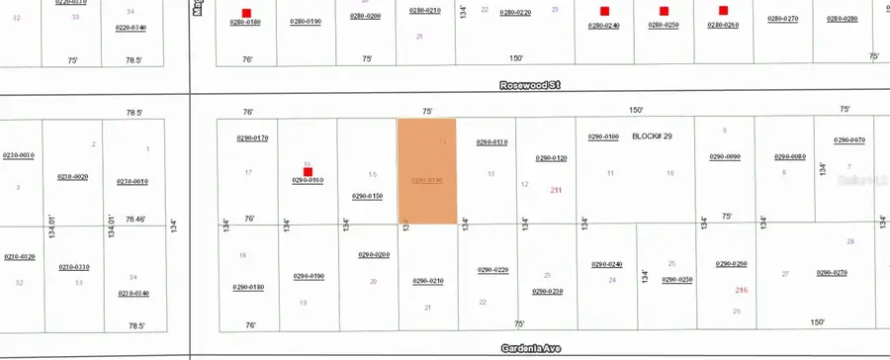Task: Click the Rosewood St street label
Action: (529, 86)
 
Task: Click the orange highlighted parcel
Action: (427, 171)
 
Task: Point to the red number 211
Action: (556, 190)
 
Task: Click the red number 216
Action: (741, 290)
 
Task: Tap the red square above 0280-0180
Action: (245, 13)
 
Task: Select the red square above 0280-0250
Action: (664, 13)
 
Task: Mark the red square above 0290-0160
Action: (309, 171)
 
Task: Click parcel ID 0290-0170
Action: (251, 137)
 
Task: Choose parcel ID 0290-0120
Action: (551, 158)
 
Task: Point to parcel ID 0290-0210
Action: (427, 281)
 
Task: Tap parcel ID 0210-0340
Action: (133, 294)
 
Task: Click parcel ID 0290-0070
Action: (848, 140)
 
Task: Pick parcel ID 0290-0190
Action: (309, 276)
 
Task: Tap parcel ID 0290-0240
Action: (606, 264)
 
